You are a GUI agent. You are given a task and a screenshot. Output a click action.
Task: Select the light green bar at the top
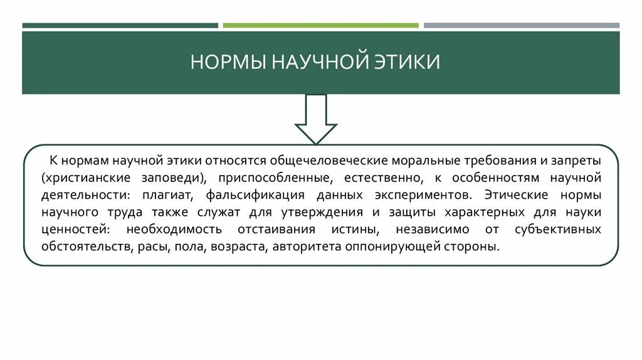tap(320, 26)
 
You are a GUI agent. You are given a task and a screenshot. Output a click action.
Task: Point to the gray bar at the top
tap(521, 26)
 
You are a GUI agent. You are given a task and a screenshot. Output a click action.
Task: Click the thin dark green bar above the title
tap(120, 26)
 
